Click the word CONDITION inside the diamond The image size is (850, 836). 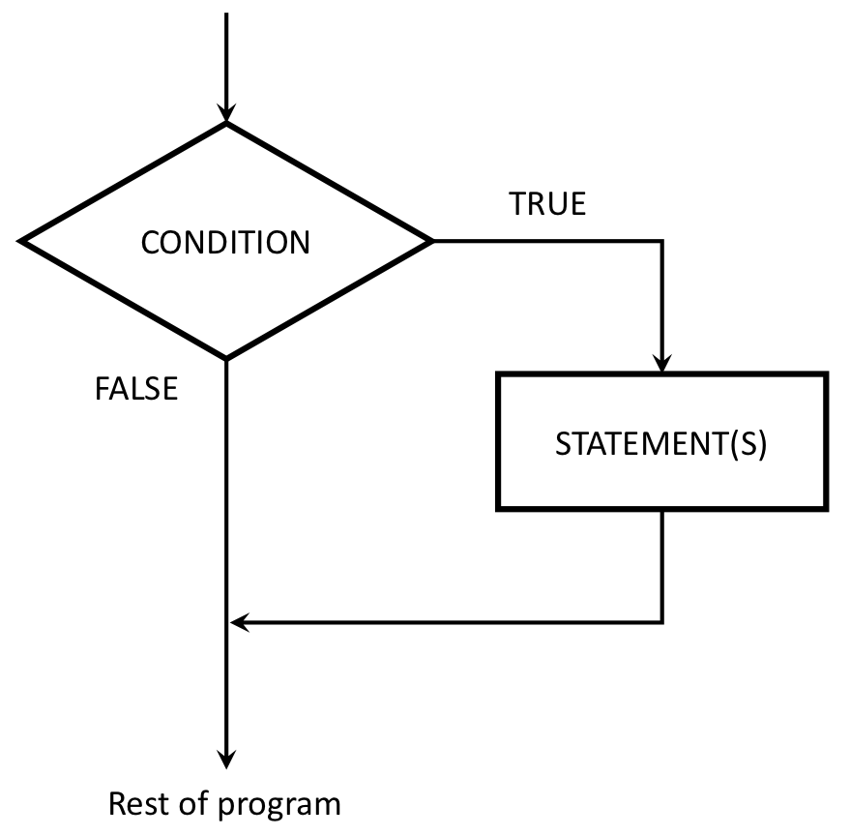pos(225,242)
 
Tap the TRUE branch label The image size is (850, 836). pos(547,205)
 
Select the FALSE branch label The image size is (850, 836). pos(135,388)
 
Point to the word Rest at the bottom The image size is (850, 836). pos(136,804)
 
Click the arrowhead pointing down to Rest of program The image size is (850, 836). pos(226,757)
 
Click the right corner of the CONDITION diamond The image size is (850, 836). pos(432,241)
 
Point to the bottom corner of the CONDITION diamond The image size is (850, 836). pos(226,359)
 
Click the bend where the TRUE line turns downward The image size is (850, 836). pos(662,241)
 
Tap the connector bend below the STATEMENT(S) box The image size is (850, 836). pos(662,622)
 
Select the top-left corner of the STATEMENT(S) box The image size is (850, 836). pos(498,374)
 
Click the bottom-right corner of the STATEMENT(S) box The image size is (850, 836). pos(826,508)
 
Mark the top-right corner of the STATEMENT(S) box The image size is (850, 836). pos(826,374)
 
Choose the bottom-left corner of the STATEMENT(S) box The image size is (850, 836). pos(498,508)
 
